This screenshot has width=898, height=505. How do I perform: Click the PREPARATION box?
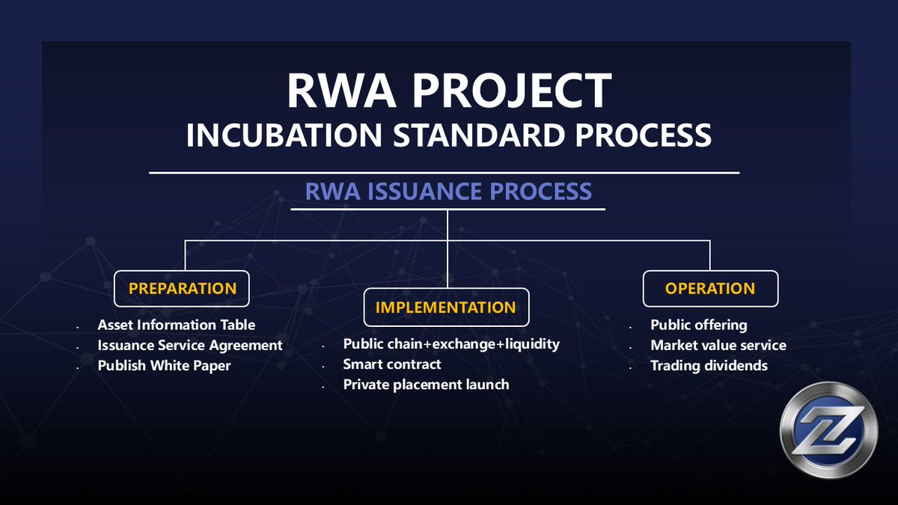tap(182, 288)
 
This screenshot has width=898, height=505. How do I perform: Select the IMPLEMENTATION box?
tap(445, 307)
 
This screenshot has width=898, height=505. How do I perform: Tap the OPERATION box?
tap(710, 288)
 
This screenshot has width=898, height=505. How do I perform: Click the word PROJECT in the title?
tap(510, 91)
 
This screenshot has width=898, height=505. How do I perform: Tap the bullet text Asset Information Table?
tap(177, 325)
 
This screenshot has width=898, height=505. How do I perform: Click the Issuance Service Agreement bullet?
tap(190, 346)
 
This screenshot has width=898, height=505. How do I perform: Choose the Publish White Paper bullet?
tap(164, 366)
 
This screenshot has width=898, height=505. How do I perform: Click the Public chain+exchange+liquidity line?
tap(451, 344)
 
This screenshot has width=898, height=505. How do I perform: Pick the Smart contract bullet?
tap(392, 364)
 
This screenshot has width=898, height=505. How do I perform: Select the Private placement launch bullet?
tap(426, 385)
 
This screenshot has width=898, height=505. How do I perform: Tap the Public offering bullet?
tap(698, 325)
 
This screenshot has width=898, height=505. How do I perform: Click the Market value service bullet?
tap(718, 346)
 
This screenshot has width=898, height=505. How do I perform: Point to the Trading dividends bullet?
tap(709, 366)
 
